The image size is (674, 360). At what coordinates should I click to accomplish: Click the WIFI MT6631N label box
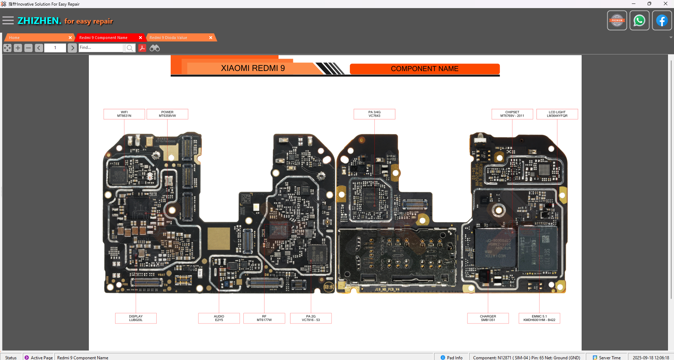(x=124, y=114)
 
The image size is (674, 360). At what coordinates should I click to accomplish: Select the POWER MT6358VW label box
(x=167, y=114)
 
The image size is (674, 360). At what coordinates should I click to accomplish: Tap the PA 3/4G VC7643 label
(x=374, y=114)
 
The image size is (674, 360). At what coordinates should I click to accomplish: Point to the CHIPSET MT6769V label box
(x=512, y=114)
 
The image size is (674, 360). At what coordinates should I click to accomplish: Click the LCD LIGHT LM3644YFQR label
(x=557, y=114)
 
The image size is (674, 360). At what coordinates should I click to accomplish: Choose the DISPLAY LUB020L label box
(x=136, y=318)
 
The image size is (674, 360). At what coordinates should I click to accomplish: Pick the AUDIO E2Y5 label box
(x=219, y=318)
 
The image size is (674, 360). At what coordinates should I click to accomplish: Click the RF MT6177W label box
(x=264, y=318)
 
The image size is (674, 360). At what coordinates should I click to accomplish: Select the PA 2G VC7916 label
(x=311, y=318)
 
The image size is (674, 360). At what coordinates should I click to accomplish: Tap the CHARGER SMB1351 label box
(x=488, y=318)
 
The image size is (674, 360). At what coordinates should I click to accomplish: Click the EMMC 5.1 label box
(x=539, y=318)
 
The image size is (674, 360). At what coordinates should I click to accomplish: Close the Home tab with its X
(x=70, y=38)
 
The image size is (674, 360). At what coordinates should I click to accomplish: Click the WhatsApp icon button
(x=639, y=21)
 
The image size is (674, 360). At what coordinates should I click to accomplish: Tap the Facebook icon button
(x=662, y=21)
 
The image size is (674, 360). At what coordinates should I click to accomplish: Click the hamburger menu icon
(x=8, y=21)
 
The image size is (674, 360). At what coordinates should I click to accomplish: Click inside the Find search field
(x=100, y=48)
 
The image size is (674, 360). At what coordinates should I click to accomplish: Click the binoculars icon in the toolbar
(x=155, y=48)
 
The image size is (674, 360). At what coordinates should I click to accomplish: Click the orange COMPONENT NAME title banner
(x=424, y=69)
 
